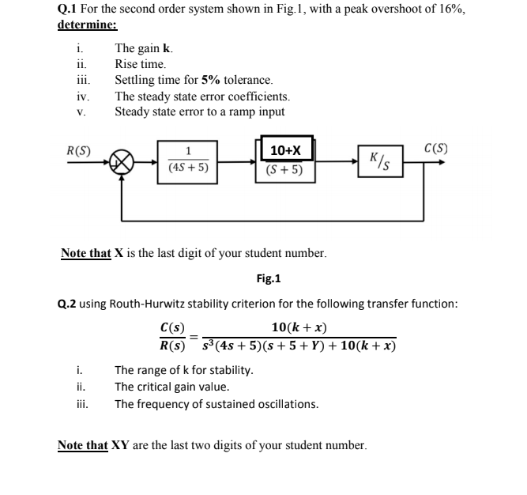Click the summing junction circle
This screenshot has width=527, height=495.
point(122,163)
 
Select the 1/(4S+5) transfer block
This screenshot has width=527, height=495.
point(188,160)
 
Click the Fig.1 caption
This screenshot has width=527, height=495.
point(269,278)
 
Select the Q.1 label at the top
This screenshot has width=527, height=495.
point(68,9)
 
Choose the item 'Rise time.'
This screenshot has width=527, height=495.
point(141,64)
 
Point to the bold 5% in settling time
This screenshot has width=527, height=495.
point(216,80)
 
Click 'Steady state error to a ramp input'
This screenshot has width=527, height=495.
point(200,111)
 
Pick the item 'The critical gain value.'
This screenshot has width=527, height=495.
point(172,387)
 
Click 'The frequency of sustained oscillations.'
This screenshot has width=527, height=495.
point(216,403)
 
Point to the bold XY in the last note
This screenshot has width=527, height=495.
point(119,444)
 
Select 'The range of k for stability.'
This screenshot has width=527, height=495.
point(184,370)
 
